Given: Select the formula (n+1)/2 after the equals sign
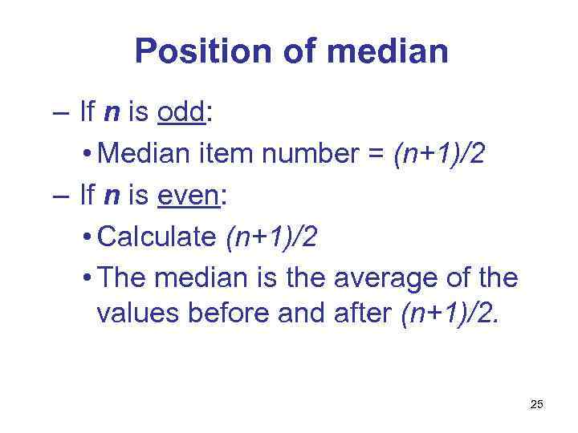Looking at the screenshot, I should (438, 154).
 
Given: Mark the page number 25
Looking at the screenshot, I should (536, 405).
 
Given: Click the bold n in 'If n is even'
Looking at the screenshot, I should (111, 196).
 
